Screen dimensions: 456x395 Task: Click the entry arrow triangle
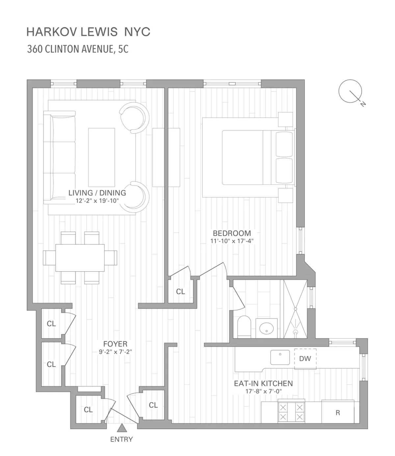click(122, 428)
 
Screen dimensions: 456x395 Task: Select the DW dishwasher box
click(305, 359)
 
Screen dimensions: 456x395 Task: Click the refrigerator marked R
click(338, 413)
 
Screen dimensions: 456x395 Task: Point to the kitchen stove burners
click(291, 412)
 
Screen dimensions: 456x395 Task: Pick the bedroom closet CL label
click(180, 292)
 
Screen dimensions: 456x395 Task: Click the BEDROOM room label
click(232, 233)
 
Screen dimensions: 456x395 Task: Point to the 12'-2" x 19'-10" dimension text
click(97, 201)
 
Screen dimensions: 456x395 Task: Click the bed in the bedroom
click(247, 157)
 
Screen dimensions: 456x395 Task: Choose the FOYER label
click(115, 344)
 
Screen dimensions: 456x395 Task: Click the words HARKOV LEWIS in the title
click(72, 32)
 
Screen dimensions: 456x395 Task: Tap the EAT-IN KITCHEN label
click(263, 384)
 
